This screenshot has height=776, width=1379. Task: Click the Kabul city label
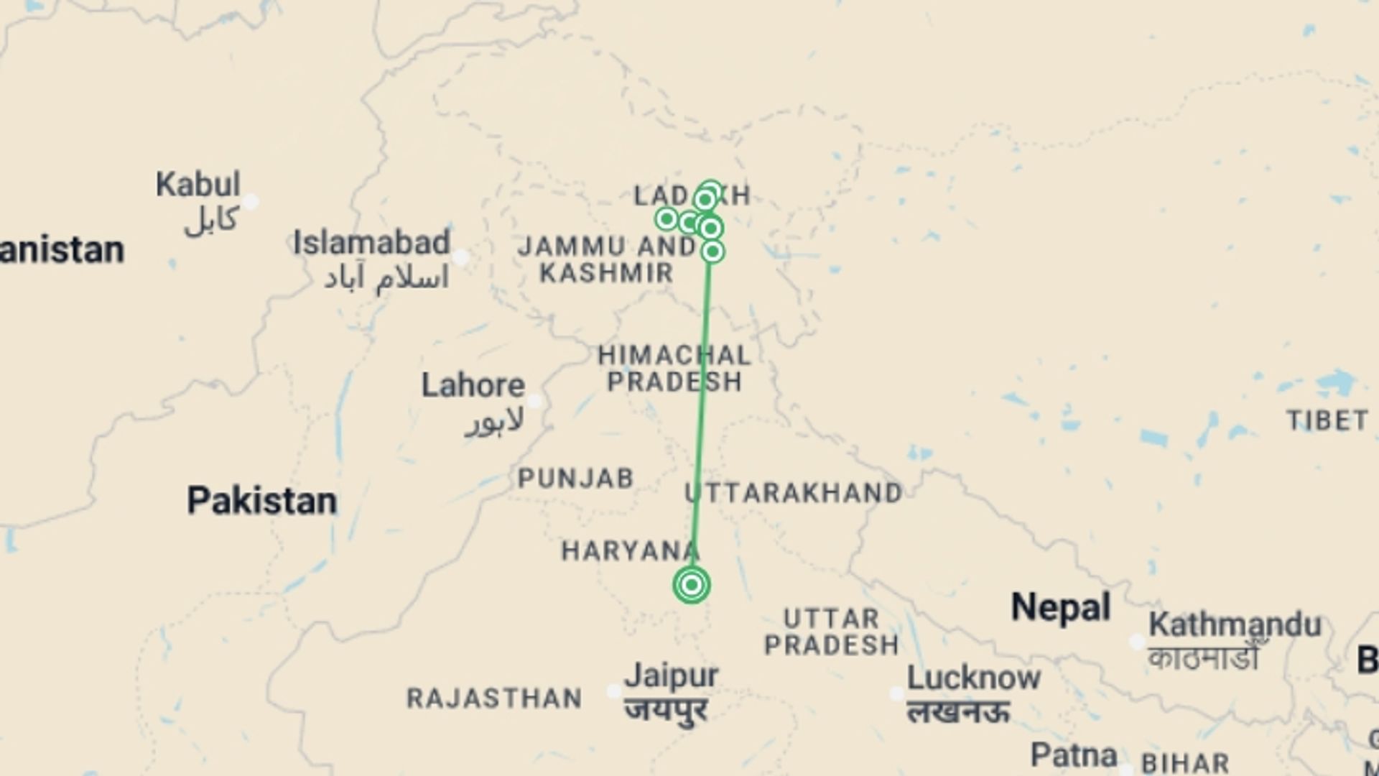tap(198, 185)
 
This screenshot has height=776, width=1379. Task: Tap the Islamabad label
tap(371, 243)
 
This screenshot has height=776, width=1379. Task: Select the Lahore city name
tap(473, 386)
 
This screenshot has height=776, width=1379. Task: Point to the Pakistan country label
tap(261, 501)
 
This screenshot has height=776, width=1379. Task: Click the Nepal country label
tap(1061, 608)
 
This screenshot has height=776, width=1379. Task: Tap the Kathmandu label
tap(1235, 624)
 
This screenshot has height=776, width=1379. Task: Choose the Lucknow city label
tap(973, 678)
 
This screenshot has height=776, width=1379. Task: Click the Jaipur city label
tap(671, 676)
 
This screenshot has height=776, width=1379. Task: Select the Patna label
tap(1073, 755)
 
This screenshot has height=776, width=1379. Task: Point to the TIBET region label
tap(1327, 421)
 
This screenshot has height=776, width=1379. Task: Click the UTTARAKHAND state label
tap(794, 493)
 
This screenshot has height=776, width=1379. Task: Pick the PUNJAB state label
tap(576, 479)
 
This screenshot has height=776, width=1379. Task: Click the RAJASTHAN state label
tap(494, 698)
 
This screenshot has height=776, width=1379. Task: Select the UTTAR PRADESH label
tap(831, 632)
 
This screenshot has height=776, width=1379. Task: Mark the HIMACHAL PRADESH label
tap(674, 368)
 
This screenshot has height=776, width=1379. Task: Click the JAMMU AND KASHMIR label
tap(607, 259)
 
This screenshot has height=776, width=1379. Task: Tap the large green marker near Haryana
tap(692, 585)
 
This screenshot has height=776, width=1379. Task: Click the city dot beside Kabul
tap(250, 202)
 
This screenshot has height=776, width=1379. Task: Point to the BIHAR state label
tap(1185, 763)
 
